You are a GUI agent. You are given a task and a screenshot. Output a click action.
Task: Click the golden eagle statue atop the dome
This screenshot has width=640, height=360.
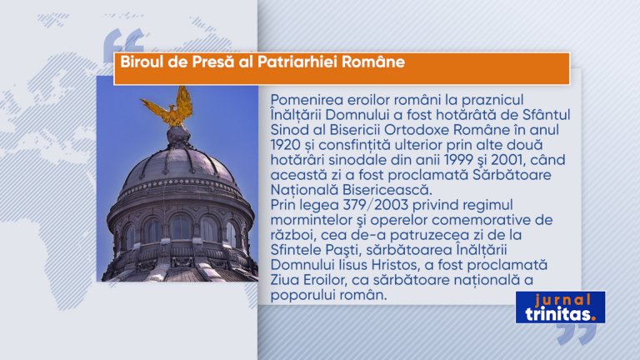[170, 107]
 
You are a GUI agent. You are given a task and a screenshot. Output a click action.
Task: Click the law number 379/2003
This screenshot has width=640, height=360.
[374, 205]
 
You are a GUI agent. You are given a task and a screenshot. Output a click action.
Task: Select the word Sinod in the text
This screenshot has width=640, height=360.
[287, 130]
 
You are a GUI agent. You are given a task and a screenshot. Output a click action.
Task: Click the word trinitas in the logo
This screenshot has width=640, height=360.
[557, 314]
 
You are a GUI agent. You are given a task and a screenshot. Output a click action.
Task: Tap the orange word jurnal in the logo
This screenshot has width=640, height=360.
[562, 300]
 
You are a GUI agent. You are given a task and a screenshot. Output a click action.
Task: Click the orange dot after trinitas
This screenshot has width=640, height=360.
[593, 319]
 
